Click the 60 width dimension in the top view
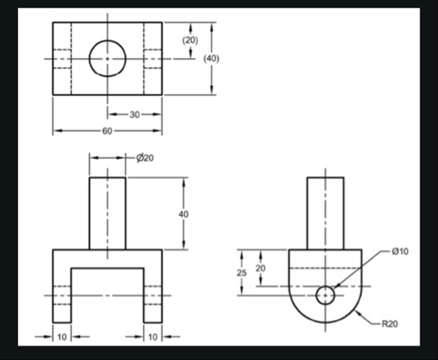[x=107, y=131]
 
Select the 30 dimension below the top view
[x=134, y=114]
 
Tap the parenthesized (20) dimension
[x=191, y=39]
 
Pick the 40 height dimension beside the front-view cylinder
[x=183, y=214]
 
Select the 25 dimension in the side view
[x=242, y=272]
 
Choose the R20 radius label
[x=389, y=324]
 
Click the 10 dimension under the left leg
[x=61, y=336]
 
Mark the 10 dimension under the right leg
[x=153, y=336]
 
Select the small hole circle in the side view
[x=326, y=295]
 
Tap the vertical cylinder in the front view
[x=107, y=212]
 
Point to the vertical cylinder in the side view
[x=325, y=212]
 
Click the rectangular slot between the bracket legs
[x=107, y=296]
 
